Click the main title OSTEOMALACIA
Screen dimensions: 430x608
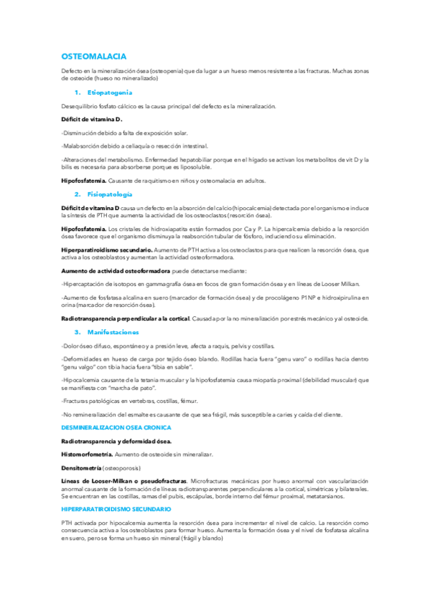point(94,55)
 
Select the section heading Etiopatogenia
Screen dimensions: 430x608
point(109,93)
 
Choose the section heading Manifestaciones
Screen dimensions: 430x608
point(113,332)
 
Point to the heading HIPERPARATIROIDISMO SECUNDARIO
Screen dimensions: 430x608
point(116,508)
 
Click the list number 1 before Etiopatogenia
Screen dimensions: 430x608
point(76,93)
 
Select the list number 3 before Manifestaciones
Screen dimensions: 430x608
point(77,332)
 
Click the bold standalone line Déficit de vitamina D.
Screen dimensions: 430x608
point(92,119)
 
